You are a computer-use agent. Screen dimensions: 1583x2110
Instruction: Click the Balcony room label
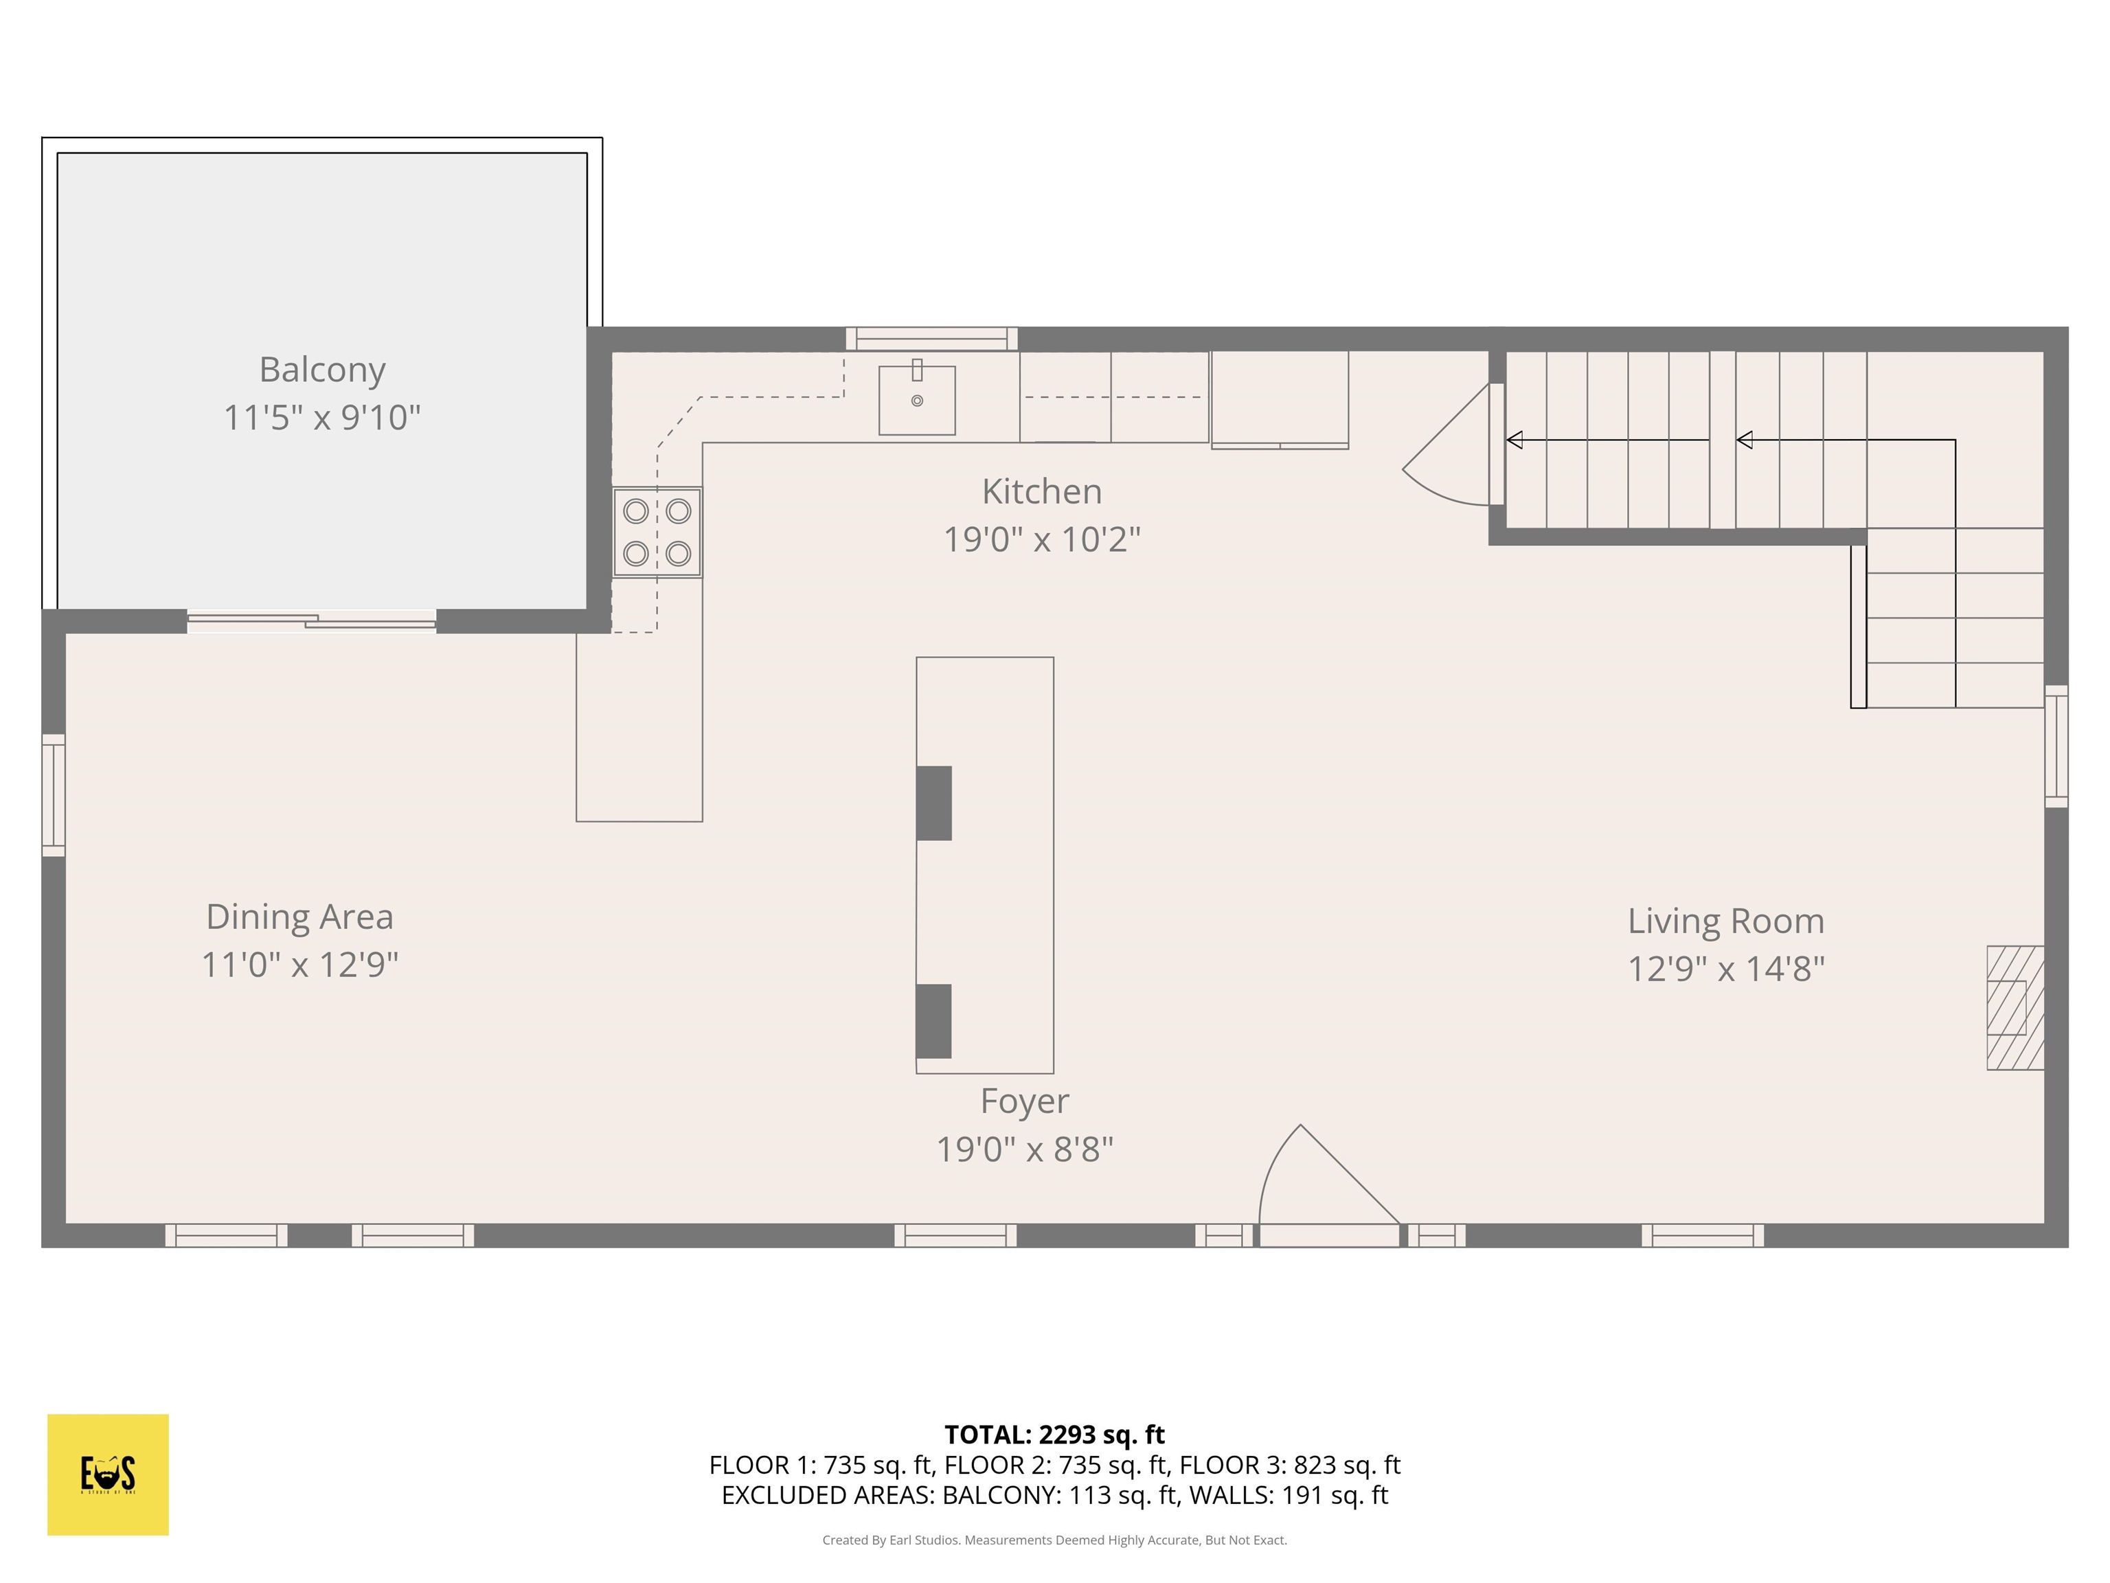click(x=322, y=369)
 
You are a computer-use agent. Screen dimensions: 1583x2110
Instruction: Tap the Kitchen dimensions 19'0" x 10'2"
click(x=1042, y=540)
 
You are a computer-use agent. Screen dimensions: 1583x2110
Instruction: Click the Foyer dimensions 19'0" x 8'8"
click(x=1025, y=1149)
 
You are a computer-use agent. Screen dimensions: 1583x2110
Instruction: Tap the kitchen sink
click(x=917, y=400)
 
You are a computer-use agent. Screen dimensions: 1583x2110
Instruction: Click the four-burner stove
click(x=657, y=532)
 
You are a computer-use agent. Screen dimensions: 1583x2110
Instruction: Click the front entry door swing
click(x=1326, y=1183)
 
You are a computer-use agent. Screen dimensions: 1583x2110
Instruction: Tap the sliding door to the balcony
click(x=312, y=622)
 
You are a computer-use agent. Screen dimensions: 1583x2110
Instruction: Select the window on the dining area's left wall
click(x=54, y=795)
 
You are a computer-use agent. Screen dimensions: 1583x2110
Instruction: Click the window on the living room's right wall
click(x=2056, y=745)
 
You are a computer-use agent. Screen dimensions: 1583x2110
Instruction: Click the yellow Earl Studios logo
click(x=108, y=1474)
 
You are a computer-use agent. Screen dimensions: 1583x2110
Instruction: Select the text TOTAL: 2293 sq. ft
click(x=1054, y=1434)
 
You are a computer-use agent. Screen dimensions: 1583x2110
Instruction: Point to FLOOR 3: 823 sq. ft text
click(x=1290, y=1465)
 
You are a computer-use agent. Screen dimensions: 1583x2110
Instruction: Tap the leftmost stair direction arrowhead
click(x=1514, y=440)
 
